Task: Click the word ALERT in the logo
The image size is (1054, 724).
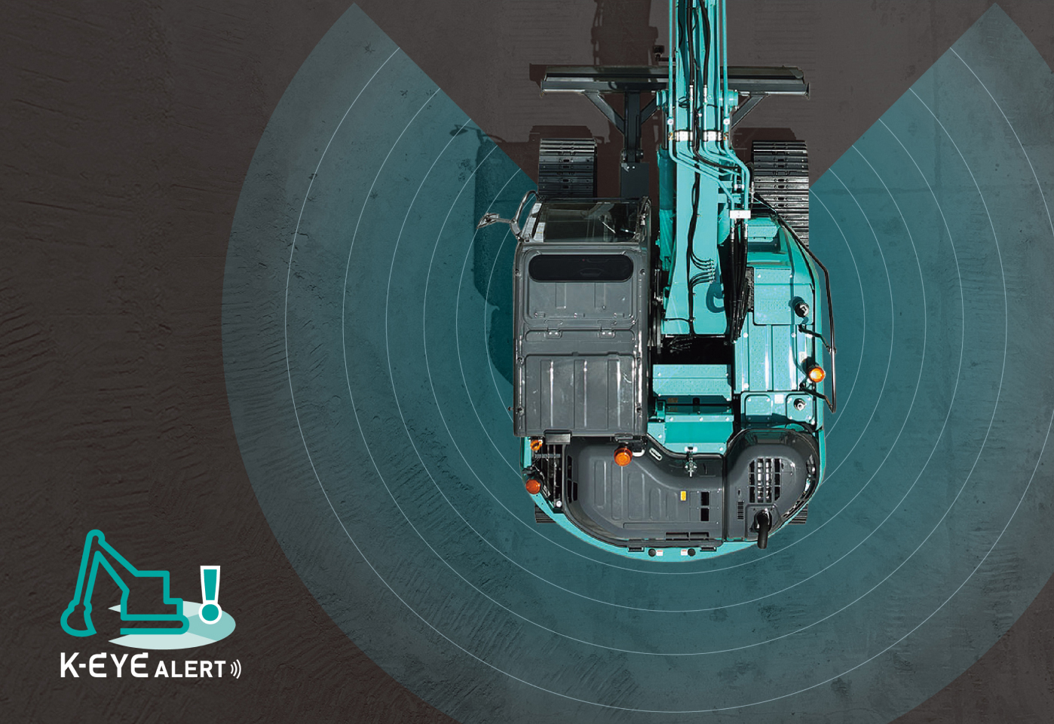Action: click(190, 669)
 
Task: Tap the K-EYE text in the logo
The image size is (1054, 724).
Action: click(105, 665)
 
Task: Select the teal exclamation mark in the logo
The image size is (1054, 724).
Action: click(210, 594)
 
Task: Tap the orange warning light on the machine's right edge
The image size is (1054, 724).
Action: click(817, 374)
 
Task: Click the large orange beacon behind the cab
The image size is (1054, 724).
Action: click(623, 456)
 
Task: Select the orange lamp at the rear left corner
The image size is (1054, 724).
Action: click(532, 486)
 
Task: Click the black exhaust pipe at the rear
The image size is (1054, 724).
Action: click(761, 528)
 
